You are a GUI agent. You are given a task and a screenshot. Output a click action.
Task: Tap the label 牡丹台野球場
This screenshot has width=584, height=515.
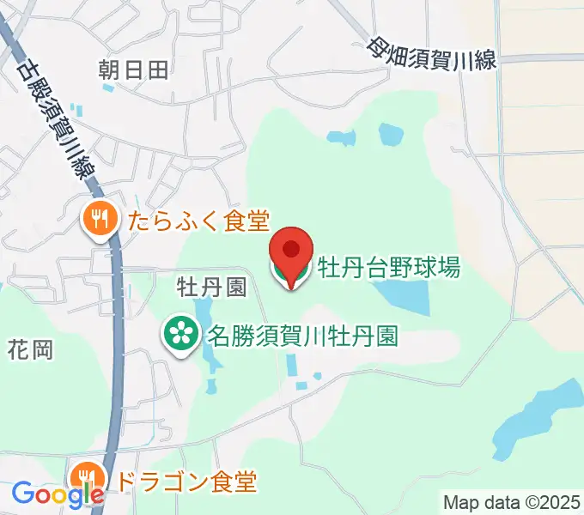389,268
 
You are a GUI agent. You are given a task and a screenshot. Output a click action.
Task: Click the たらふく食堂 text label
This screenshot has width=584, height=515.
198,221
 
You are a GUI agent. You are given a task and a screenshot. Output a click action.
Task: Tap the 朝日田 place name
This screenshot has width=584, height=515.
134,69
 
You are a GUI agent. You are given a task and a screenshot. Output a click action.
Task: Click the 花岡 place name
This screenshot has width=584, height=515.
31,349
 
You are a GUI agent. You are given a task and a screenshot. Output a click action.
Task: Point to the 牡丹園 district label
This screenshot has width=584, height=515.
211,285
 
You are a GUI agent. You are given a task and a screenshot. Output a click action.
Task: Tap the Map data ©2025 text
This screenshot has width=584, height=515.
512,501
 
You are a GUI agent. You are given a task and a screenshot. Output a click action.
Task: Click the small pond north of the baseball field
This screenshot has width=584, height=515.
391,134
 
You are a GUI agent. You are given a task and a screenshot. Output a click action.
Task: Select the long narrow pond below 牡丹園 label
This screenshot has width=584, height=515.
209,343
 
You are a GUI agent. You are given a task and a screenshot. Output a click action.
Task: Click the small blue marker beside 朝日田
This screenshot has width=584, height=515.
107,87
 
